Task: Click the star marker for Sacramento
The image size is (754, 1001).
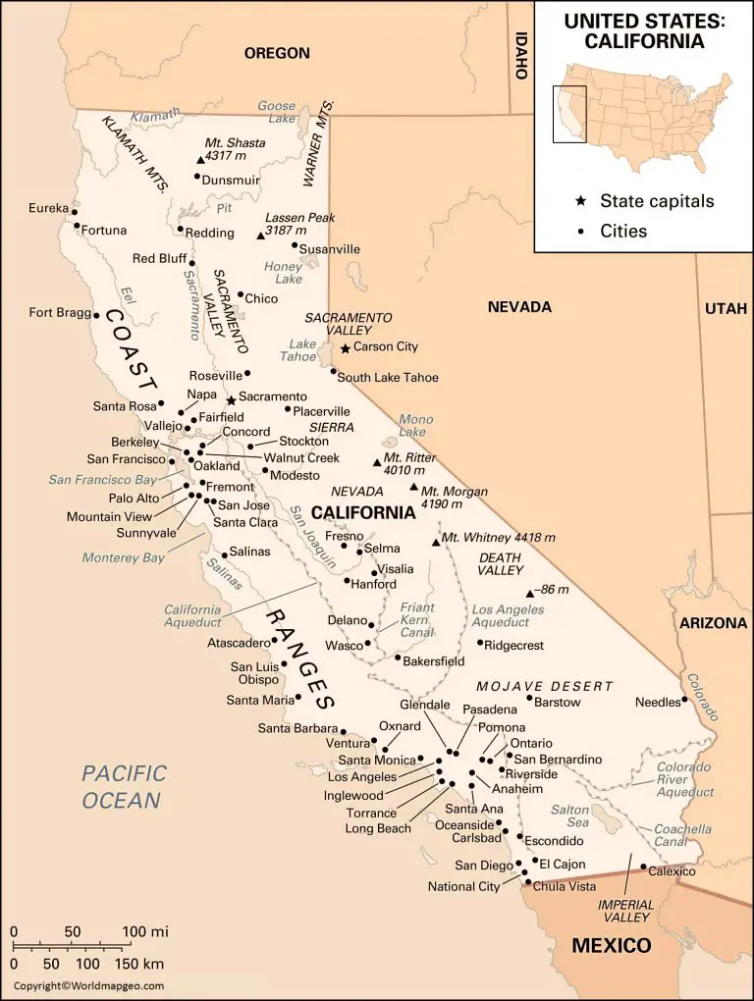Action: (x=231, y=399)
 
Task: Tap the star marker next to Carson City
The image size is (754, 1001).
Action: (x=346, y=348)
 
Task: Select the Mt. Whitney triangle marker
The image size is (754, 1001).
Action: (x=436, y=542)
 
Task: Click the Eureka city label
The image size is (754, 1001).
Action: (x=48, y=208)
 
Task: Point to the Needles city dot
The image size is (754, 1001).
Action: (x=684, y=702)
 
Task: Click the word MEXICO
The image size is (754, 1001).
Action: (x=612, y=946)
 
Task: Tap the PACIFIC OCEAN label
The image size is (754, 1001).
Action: (x=124, y=787)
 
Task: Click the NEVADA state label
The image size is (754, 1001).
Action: (x=519, y=307)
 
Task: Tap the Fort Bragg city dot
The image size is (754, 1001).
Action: (x=96, y=315)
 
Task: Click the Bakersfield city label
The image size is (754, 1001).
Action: (x=433, y=661)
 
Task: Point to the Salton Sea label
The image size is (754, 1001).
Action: (x=569, y=816)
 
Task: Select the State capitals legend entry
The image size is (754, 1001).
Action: (x=657, y=201)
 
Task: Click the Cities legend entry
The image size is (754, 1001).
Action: (x=623, y=232)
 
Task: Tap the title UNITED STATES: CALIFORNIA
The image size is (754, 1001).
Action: (x=644, y=32)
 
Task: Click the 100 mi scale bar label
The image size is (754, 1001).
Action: (x=145, y=930)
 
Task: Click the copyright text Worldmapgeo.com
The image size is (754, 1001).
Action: (x=88, y=985)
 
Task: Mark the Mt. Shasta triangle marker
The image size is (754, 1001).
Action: (x=200, y=159)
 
